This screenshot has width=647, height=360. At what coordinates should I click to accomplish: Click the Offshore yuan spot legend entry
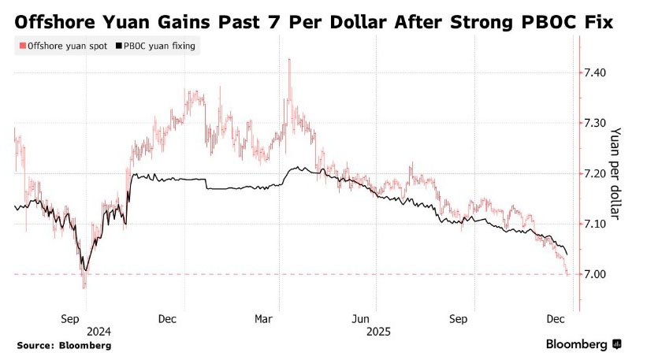tap(62, 46)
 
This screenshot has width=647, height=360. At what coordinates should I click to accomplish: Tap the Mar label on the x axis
tap(264, 318)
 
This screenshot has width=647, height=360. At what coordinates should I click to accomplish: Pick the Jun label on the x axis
tap(361, 318)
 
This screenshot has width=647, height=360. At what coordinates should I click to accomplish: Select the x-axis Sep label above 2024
tap(69, 318)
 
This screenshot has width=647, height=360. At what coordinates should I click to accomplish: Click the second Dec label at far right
tap(556, 318)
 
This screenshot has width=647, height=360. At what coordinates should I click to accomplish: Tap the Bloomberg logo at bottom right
tap(583, 344)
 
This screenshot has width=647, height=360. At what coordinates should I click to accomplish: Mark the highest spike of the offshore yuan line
tap(291, 60)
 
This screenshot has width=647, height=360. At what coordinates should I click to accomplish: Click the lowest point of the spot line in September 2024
tap(84, 287)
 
